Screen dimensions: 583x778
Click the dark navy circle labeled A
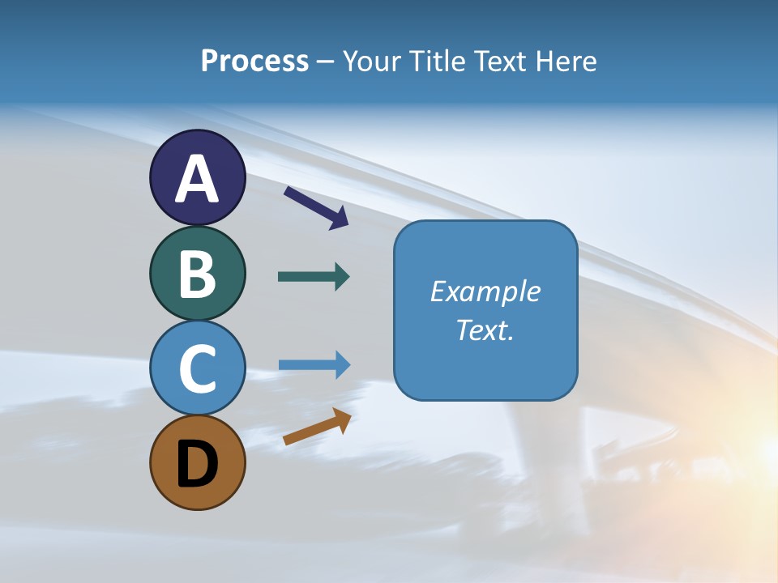pos(198,177)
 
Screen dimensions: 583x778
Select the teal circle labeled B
pos(198,273)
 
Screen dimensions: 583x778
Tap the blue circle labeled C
pos(198,368)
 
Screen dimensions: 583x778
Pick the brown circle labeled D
pos(198,462)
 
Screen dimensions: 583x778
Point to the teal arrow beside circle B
pos(314,277)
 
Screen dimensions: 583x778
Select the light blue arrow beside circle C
pos(314,365)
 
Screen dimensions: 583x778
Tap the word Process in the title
pos(254,62)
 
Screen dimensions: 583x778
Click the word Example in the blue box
pos(485,291)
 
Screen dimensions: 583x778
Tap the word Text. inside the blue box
pos(485,330)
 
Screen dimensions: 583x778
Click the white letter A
pos(198,178)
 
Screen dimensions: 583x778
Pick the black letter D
pos(198,465)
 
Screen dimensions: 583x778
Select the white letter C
pos(198,368)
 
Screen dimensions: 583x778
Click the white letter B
pos(198,274)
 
